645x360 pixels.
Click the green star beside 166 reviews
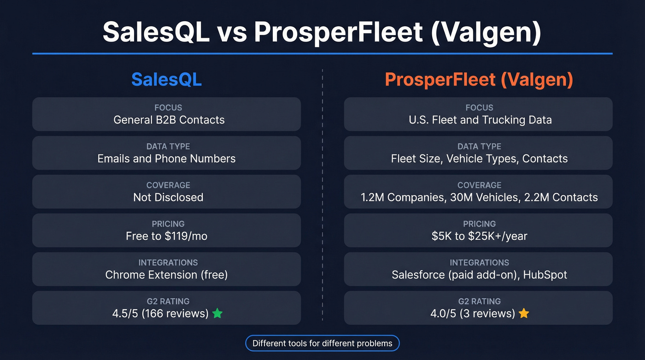[217, 313]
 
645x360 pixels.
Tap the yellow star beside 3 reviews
[524, 313]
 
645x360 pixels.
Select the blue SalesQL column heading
[166, 80]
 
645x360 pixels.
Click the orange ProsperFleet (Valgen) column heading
[479, 80]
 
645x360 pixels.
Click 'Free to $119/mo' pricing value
[166, 236]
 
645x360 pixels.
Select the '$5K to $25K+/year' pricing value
[479, 236]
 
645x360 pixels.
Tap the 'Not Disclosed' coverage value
[168, 197]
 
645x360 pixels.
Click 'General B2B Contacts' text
[169, 120]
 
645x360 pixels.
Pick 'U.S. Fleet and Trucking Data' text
[480, 120]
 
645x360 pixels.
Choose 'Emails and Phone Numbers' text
[166, 159]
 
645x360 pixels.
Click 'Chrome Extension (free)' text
[166, 275]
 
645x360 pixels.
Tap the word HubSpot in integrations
[545, 275]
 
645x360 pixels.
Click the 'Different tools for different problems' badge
[322, 343]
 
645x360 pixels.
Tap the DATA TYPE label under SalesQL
[168, 146]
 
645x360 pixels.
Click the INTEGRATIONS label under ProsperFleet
[479, 262]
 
